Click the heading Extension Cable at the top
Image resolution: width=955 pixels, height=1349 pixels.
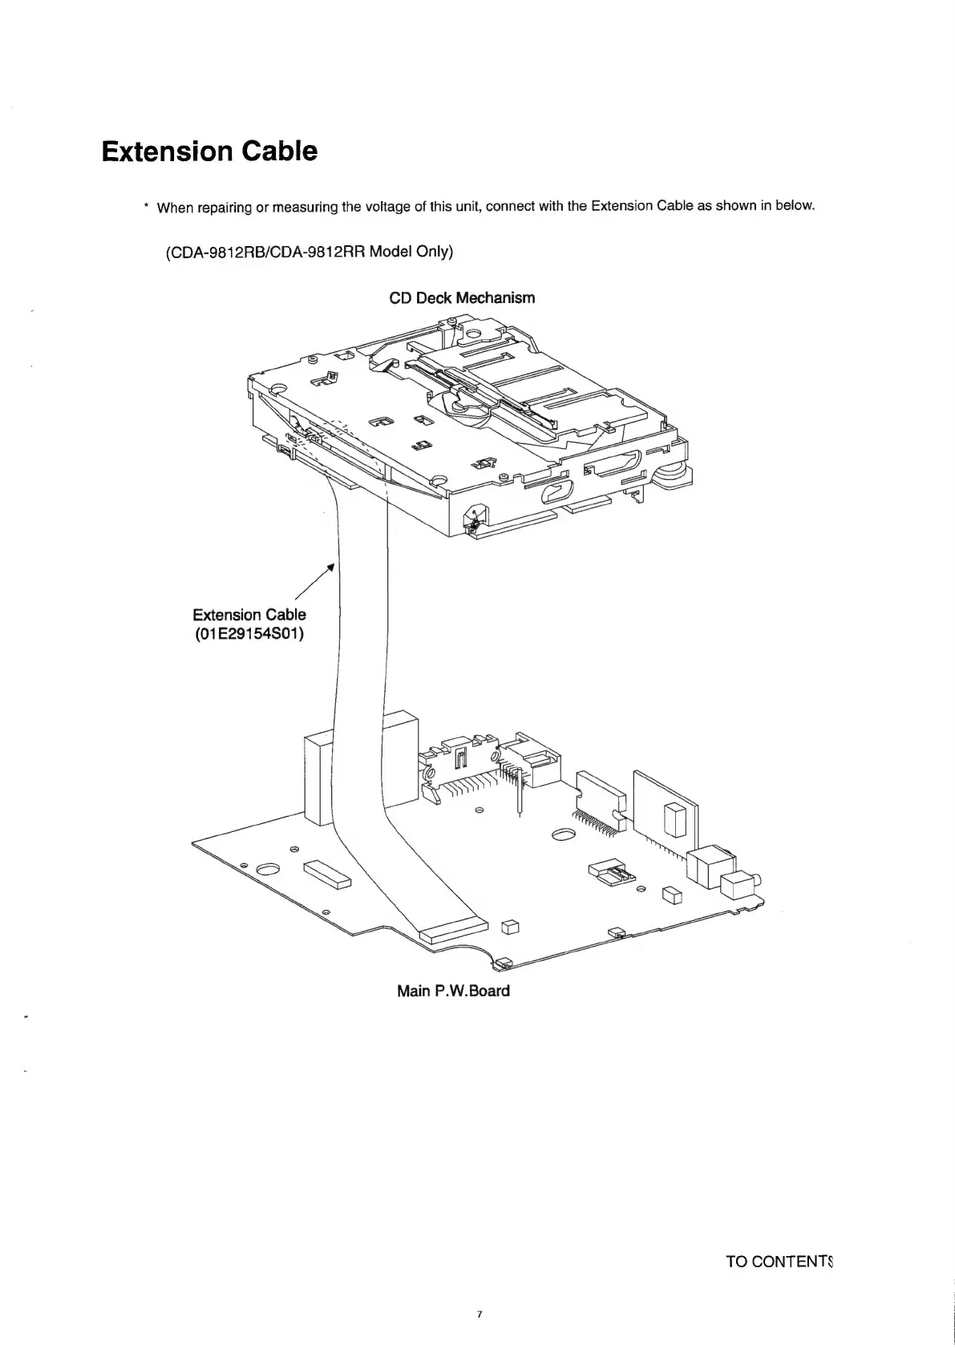[x=209, y=151]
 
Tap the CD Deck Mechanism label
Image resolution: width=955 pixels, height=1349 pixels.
[x=462, y=298]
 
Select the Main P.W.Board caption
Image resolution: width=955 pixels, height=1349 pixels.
[x=453, y=991]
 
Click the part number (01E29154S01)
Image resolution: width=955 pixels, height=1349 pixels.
[x=249, y=635]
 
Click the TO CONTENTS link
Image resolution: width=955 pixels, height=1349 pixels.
[x=779, y=1262]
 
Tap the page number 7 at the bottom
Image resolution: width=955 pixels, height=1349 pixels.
[x=479, y=1315]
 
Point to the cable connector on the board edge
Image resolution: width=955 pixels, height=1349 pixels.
[x=455, y=931]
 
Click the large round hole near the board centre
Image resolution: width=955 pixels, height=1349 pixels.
[x=565, y=836]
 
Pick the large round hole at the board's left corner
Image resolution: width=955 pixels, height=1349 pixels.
[x=266, y=868]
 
